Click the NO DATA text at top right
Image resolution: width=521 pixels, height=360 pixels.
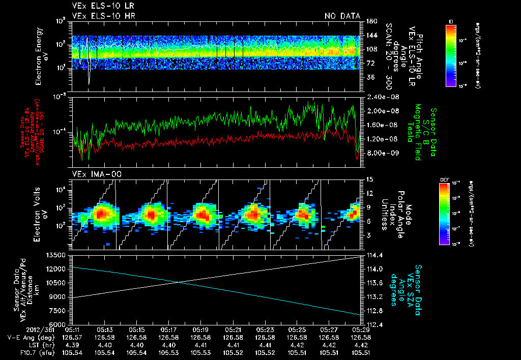tap(342, 16)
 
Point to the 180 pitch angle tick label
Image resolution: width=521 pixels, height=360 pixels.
tap(367, 21)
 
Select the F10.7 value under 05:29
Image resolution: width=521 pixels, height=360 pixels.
tap(360, 352)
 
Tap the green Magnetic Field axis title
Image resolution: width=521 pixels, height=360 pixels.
tap(417, 133)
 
